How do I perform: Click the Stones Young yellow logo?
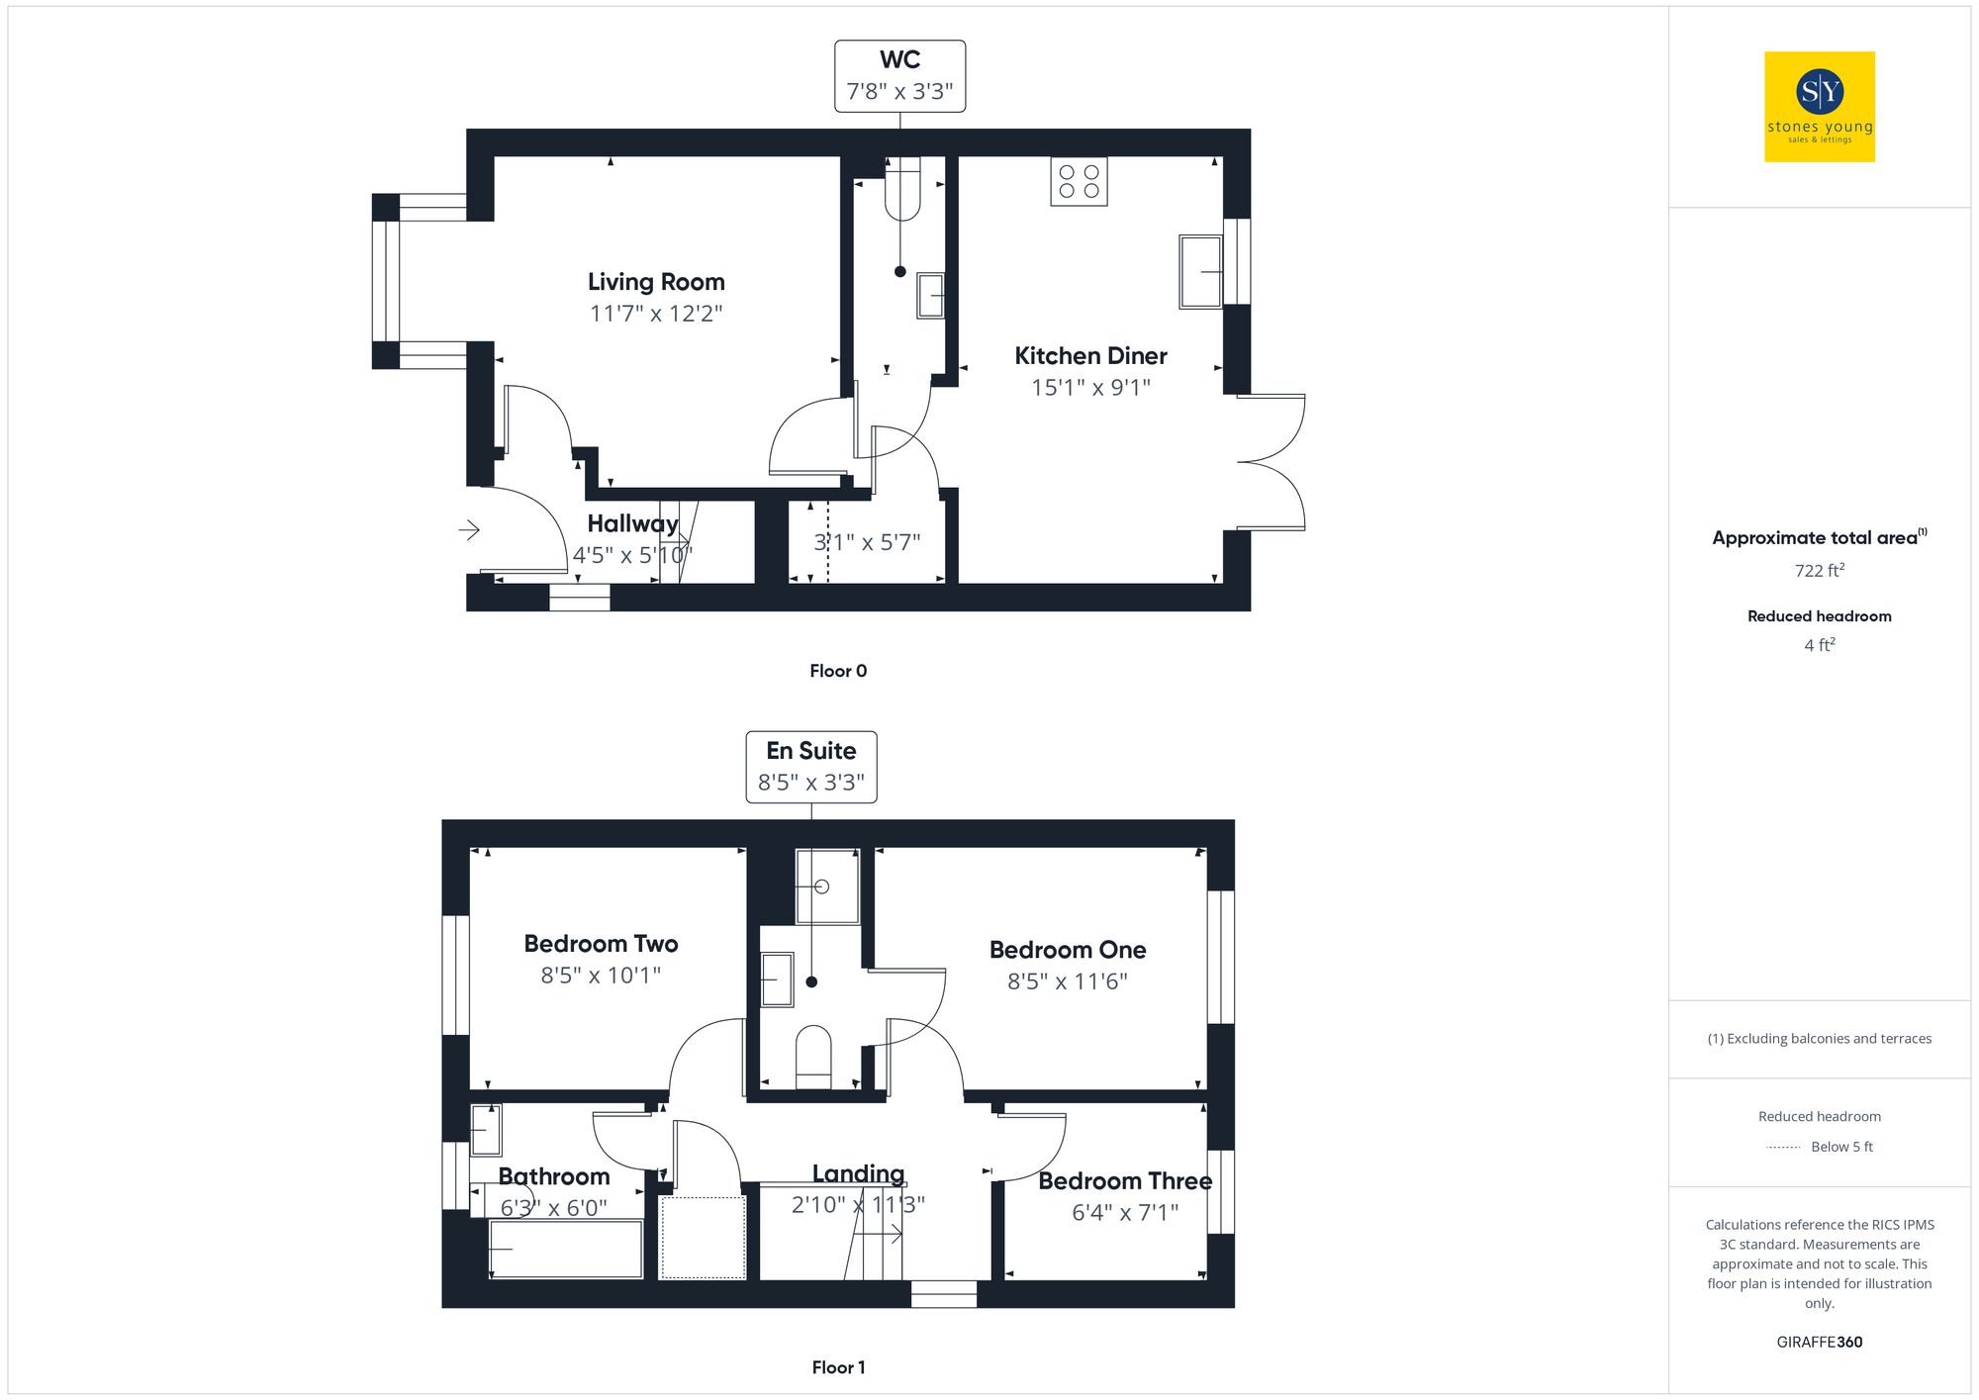point(1819,107)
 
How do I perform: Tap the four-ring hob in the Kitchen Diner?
point(1079,182)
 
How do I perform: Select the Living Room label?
point(656,282)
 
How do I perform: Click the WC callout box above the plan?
point(899,76)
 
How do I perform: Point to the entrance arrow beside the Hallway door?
point(469,530)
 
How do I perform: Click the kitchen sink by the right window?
point(1200,271)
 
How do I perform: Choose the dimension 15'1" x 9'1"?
point(1090,388)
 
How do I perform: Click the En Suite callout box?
point(810,767)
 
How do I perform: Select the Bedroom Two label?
point(601,944)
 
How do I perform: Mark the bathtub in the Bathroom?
point(566,1249)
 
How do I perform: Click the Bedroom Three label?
point(1124,1181)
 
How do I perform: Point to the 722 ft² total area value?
point(1819,571)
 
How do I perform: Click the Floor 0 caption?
point(837,671)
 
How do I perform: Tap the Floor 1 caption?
point(837,1367)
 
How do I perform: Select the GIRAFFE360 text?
point(1819,1343)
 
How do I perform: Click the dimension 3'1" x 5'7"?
point(867,542)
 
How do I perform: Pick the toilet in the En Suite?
point(813,1055)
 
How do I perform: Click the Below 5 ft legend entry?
point(1840,1147)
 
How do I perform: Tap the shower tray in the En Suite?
point(827,886)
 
